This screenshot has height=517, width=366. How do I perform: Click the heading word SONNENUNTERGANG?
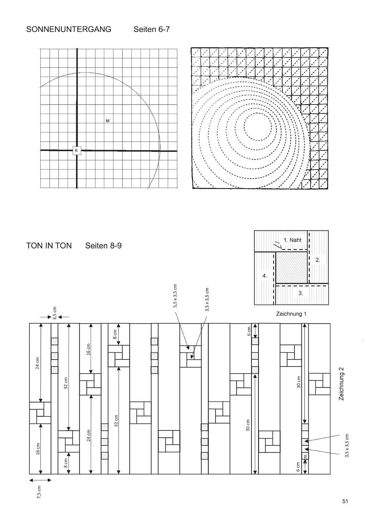click(69, 29)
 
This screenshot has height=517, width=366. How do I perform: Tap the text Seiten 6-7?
click(152, 29)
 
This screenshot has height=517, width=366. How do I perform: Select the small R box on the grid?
click(76, 150)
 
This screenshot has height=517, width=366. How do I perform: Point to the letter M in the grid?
click(108, 120)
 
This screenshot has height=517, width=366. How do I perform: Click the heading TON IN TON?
click(49, 245)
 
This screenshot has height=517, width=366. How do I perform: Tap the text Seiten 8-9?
click(103, 245)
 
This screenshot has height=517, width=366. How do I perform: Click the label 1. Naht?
click(292, 240)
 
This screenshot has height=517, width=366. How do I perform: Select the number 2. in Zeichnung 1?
click(318, 260)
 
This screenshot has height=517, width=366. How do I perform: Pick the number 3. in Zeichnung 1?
click(301, 293)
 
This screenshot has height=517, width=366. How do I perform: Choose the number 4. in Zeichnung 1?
click(265, 276)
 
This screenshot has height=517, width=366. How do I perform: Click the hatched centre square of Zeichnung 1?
click(291, 267)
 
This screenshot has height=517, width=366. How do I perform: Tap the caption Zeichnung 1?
click(291, 314)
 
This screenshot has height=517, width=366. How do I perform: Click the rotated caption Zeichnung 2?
click(342, 386)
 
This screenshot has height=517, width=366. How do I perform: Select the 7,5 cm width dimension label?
click(40, 490)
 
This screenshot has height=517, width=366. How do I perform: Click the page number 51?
click(345, 501)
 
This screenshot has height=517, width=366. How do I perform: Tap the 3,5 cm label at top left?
click(55, 313)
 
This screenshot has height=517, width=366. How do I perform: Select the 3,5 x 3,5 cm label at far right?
click(347, 445)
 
